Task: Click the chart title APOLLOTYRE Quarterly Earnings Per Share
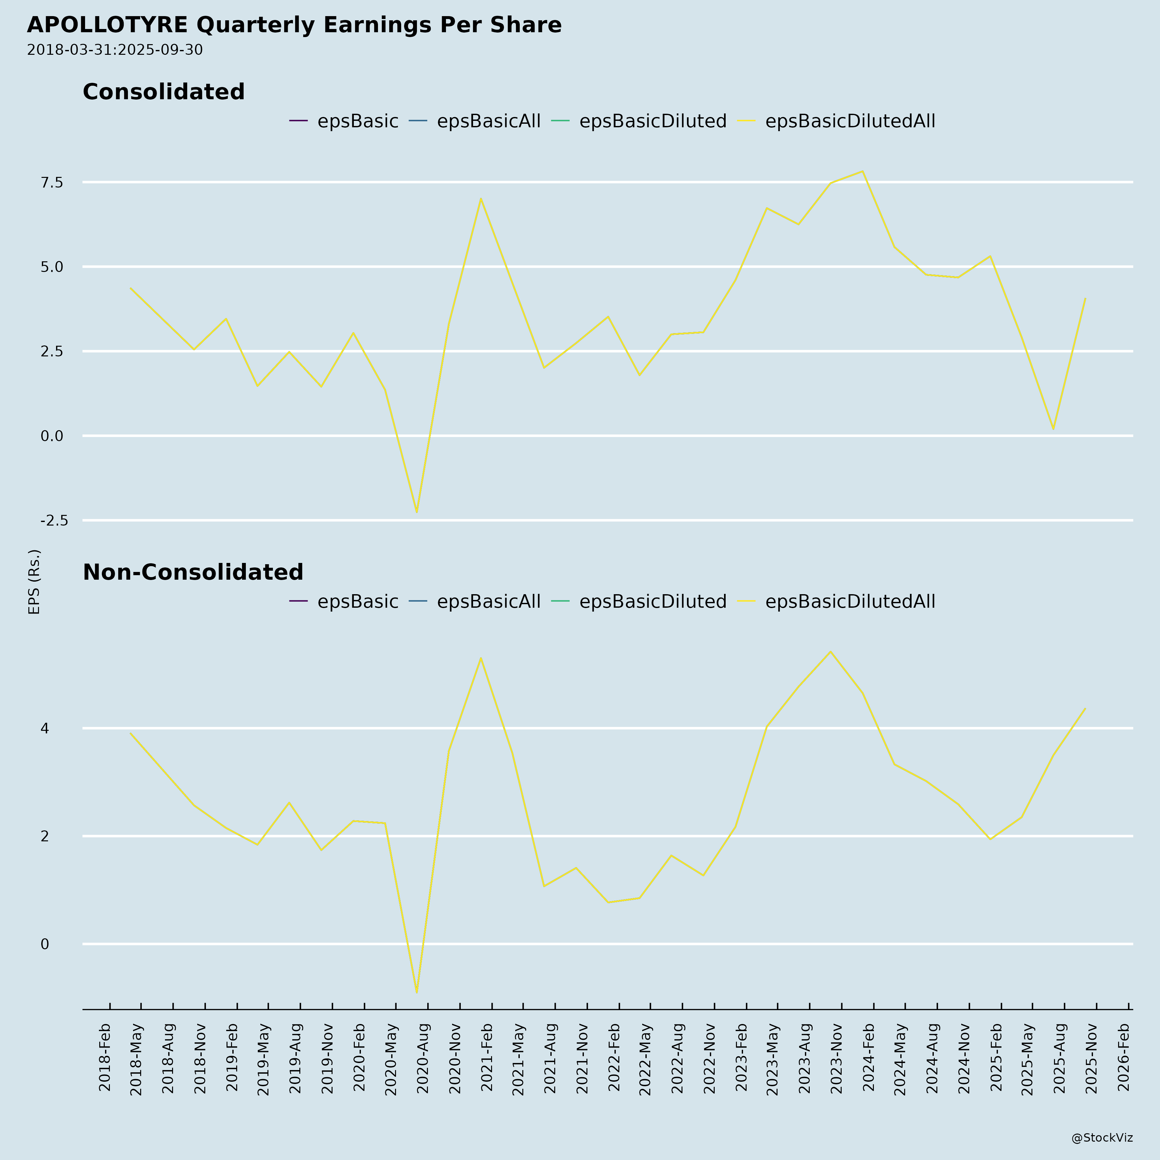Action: click(x=294, y=25)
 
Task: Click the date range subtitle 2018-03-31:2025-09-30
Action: click(x=115, y=50)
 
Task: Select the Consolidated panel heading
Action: click(x=163, y=92)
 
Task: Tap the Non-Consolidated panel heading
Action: click(x=193, y=572)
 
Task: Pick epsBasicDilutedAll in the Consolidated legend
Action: click(x=850, y=121)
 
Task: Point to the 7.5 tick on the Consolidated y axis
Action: click(x=52, y=182)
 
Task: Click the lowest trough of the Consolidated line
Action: click(x=417, y=512)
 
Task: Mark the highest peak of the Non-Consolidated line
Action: click(x=830, y=652)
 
